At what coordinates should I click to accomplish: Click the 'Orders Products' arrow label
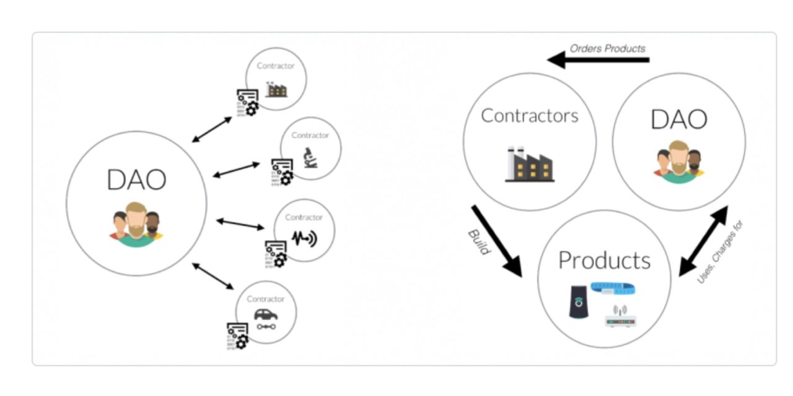pos(607,48)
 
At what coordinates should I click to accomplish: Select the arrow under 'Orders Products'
pos(598,60)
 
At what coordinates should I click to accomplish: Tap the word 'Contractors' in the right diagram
pos(530,116)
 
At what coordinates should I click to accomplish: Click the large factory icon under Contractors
pos(530,165)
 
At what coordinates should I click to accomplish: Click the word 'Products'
pos(604,260)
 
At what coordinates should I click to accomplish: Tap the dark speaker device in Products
pos(579,303)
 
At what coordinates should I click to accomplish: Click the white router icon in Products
pos(620,316)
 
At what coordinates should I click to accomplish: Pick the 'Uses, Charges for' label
pos(720,252)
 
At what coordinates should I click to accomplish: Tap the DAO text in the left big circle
pos(136,180)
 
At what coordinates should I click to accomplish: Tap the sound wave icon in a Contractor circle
pos(304,238)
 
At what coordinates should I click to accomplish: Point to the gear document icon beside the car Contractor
pos(237,336)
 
